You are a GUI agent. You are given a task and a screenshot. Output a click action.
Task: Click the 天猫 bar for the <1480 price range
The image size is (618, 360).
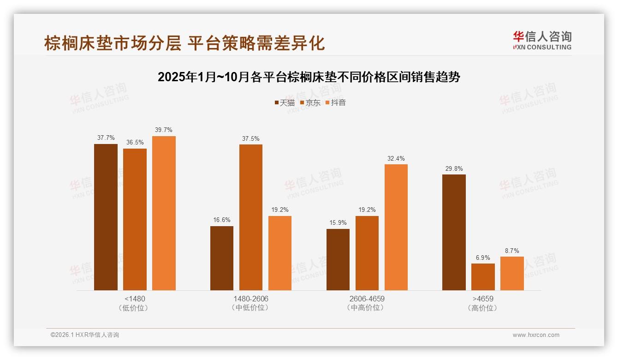106,217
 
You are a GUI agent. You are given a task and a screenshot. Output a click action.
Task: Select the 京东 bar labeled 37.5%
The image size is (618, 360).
250,217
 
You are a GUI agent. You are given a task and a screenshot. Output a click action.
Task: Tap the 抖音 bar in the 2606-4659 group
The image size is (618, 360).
396,227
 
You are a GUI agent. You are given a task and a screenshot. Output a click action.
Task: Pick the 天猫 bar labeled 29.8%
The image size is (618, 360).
454,232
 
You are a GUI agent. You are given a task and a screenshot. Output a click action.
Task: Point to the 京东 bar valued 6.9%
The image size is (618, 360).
483,277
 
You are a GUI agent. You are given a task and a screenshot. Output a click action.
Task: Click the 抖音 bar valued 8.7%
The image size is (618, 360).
512,273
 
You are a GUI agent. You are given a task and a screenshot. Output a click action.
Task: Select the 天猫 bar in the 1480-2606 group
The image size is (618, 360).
222,258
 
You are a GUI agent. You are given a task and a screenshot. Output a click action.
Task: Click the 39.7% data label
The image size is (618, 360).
164,130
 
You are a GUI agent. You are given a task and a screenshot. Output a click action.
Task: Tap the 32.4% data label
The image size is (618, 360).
396,158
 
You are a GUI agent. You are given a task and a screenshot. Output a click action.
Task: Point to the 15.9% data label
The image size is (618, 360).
338,223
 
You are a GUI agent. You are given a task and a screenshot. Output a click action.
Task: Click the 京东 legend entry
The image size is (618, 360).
310,102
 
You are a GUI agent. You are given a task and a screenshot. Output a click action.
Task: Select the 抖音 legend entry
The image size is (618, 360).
336,102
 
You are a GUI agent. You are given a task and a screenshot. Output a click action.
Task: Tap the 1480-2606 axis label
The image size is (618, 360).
250,299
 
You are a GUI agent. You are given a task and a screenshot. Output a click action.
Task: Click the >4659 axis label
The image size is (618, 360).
482,299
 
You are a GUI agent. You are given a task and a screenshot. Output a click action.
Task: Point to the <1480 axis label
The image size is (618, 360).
135,299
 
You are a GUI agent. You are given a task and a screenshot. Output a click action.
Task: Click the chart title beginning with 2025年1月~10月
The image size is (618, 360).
309,77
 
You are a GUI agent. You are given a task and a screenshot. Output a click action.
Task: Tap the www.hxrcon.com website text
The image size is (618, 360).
536,335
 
